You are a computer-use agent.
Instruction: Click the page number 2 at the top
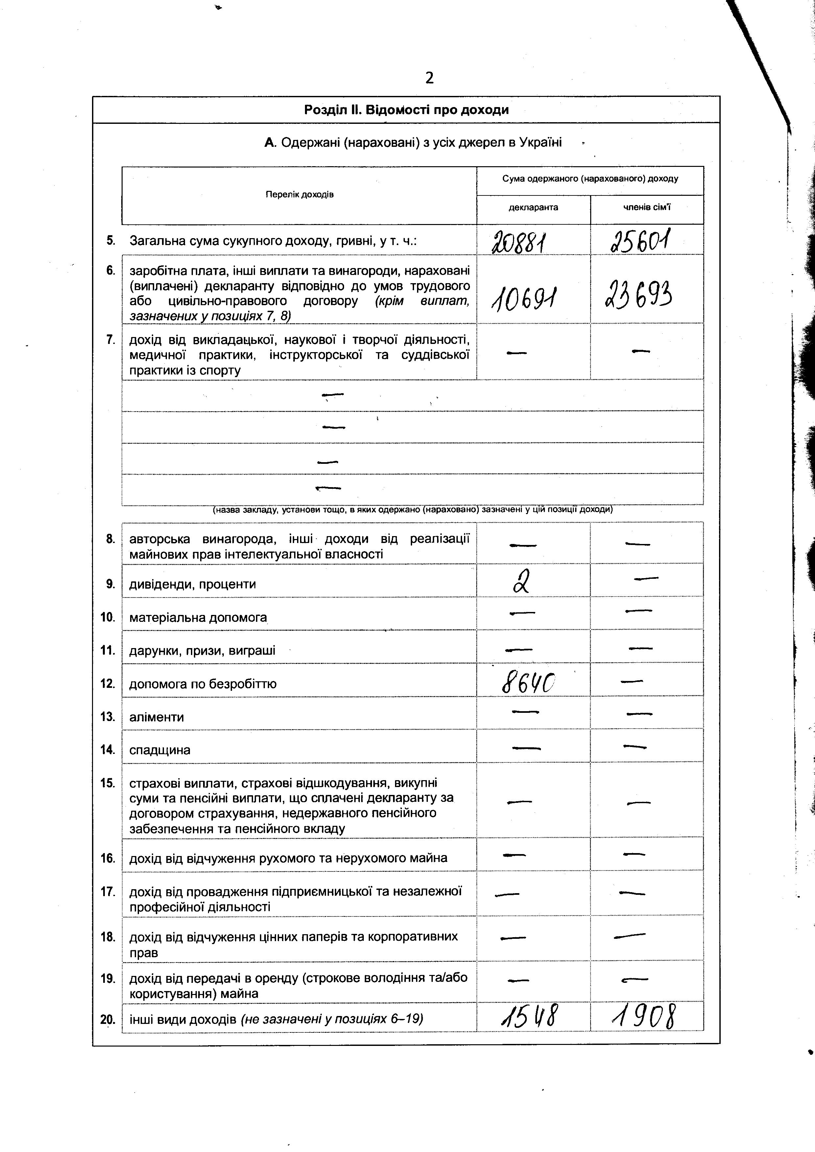coord(429,78)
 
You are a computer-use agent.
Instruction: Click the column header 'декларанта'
coord(533,208)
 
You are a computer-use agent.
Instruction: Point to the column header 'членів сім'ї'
coord(646,208)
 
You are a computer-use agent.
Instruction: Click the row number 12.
coord(108,683)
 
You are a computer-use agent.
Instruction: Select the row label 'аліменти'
coord(156,717)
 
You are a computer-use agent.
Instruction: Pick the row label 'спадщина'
coord(160,750)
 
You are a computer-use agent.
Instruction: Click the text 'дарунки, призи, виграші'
coord(202,651)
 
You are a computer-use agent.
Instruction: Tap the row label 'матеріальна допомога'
coord(198,617)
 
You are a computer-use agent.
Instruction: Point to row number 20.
coord(108,1019)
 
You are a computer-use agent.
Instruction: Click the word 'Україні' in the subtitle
coord(541,143)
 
